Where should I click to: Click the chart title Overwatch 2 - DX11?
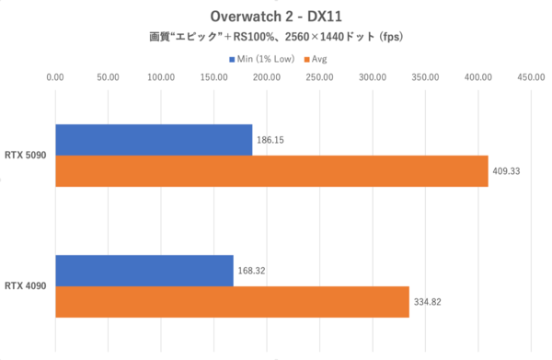click(x=276, y=17)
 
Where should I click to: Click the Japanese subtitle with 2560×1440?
click(x=276, y=38)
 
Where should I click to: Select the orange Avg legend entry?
click(x=314, y=59)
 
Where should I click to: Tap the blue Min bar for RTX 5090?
click(x=154, y=140)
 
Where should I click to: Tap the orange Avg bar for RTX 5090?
click(x=271, y=171)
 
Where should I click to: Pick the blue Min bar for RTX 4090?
click(x=144, y=271)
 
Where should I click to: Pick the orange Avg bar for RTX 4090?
click(x=232, y=302)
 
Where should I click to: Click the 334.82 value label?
click(x=430, y=302)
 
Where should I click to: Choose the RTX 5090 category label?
click(x=27, y=156)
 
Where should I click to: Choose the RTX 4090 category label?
click(x=27, y=286)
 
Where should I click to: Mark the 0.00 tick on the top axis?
click(x=55, y=79)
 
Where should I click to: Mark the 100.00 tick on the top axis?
click(x=161, y=79)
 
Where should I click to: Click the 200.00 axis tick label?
click(x=267, y=79)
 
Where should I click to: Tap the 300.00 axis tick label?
click(x=373, y=79)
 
